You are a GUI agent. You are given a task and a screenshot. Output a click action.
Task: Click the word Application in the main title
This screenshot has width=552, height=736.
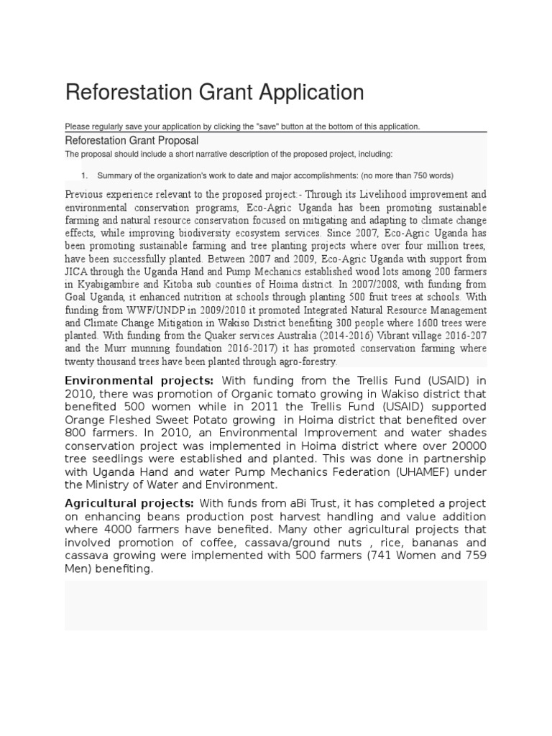tap(306, 93)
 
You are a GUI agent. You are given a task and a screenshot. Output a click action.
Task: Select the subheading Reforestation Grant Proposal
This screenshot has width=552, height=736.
tap(132, 141)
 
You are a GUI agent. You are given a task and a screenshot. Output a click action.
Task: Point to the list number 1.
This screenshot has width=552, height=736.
tap(84, 175)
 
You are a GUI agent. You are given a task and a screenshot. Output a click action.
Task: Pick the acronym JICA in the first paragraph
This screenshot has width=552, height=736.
tap(78, 272)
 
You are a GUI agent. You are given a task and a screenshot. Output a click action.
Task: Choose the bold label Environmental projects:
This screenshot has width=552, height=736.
tap(139, 381)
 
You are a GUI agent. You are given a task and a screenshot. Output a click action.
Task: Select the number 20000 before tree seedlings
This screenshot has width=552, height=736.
tap(469, 446)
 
